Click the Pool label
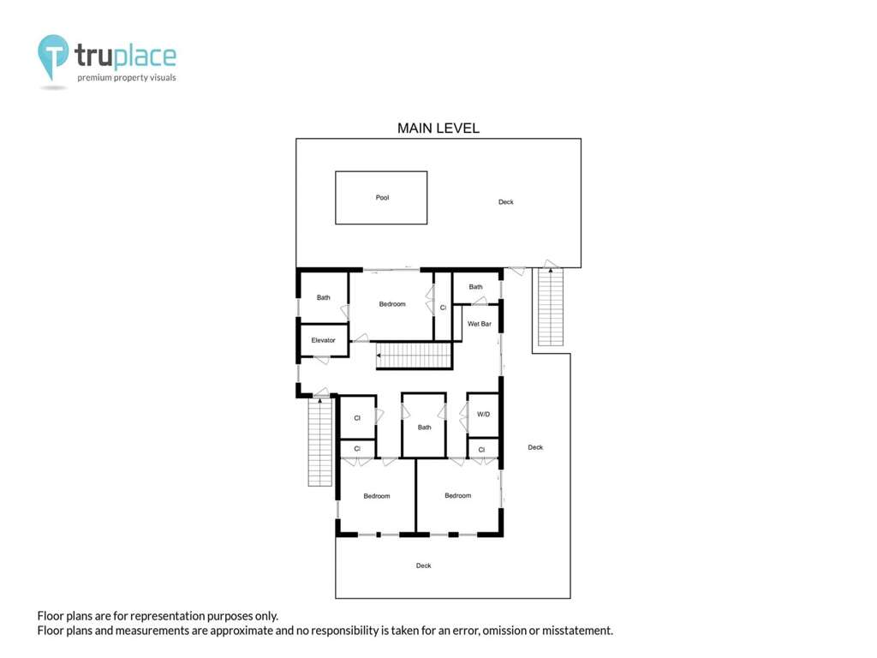point(382,198)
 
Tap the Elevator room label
point(323,340)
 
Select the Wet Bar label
point(480,324)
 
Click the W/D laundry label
point(483,415)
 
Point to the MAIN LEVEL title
point(438,129)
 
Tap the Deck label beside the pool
point(505,202)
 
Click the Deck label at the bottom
point(423,565)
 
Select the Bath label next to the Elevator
point(323,297)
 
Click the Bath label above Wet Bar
point(475,287)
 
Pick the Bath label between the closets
point(425,428)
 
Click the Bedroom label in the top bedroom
point(392,304)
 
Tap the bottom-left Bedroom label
point(377,496)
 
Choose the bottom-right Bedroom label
point(457,496)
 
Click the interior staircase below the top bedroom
point(414,356)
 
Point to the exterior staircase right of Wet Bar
point(551,307)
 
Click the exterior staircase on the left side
point(320,442)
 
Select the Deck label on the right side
point(535,447)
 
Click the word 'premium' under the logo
point(94,78)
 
